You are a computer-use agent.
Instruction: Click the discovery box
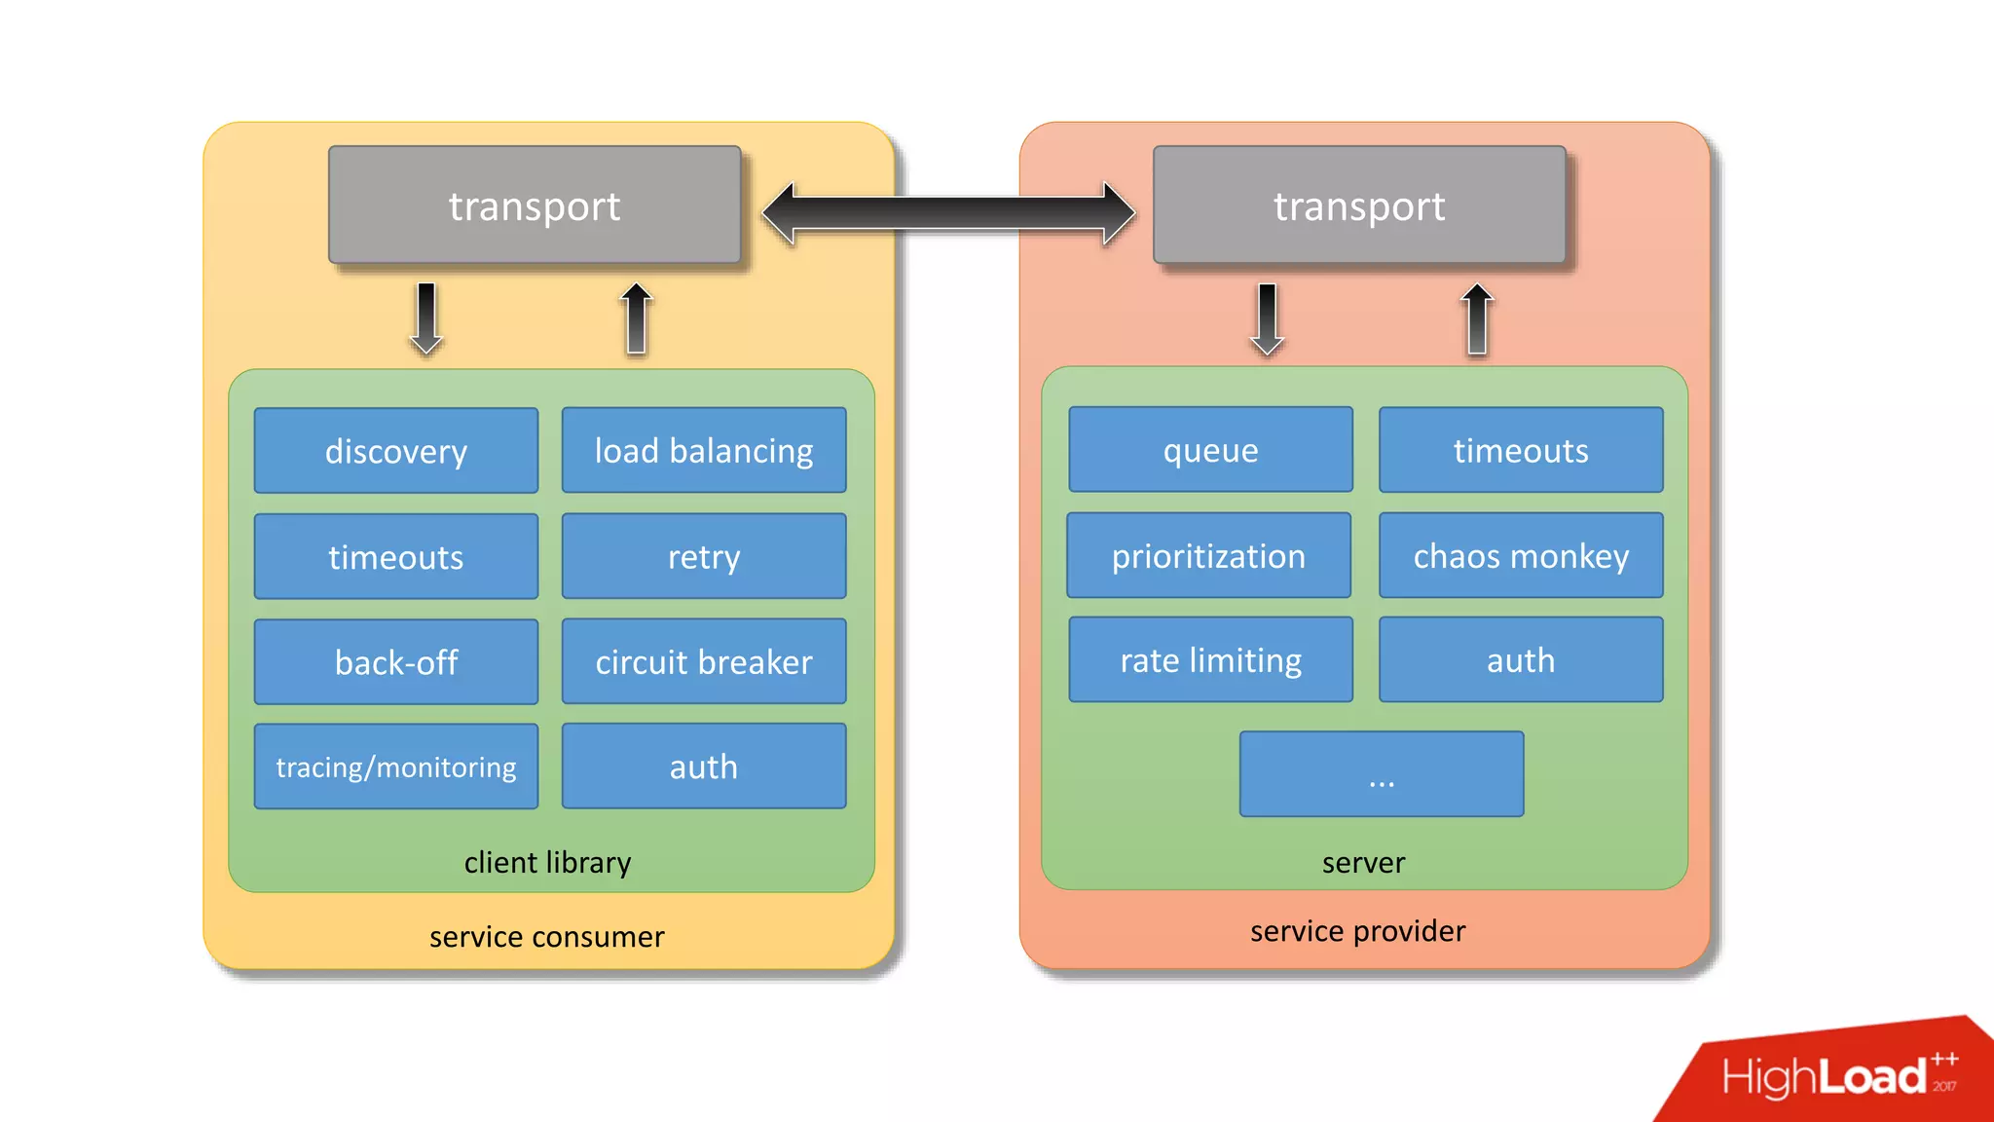[395, 451]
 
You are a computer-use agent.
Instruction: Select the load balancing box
[703, 451]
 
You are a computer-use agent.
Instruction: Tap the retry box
[703, 556]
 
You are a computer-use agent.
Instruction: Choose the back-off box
[395, 662]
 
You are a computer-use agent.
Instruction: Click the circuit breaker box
[703, 662]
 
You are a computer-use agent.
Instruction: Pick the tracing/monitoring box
[395, 767]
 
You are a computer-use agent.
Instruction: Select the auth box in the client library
[703, 767]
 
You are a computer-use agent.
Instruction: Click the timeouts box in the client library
[395, 556]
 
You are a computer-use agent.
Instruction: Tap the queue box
[1210, 450]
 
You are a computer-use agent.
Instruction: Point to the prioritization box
[1208, 555]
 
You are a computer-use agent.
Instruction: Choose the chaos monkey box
[1521, 555]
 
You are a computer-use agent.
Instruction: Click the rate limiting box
[1210, 660]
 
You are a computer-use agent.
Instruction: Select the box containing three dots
[1381, 774]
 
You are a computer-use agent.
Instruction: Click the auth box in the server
[1521, 660]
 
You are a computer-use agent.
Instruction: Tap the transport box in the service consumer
[535, 206]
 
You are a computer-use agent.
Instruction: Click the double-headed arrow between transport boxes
[947, 213]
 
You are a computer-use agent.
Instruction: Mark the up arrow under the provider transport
[1477, 318]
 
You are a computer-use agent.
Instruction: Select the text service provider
[1357, 931]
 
